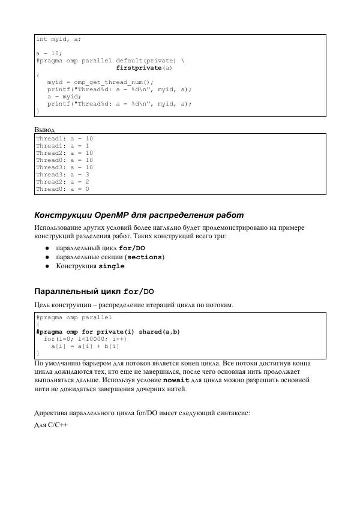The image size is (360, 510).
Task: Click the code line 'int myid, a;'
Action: [58, 39]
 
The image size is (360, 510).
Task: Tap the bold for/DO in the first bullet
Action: [132, 248]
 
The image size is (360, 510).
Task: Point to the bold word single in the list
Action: [112, 266]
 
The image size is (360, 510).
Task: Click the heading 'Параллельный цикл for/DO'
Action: [94, 292]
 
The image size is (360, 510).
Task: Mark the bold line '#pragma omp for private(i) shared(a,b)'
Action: [108, 332]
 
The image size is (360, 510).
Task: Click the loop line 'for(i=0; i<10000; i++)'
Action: [85, 339]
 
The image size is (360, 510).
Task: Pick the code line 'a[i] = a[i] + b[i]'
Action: [85, 346]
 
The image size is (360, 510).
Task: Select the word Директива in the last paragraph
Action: [53, 413]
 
